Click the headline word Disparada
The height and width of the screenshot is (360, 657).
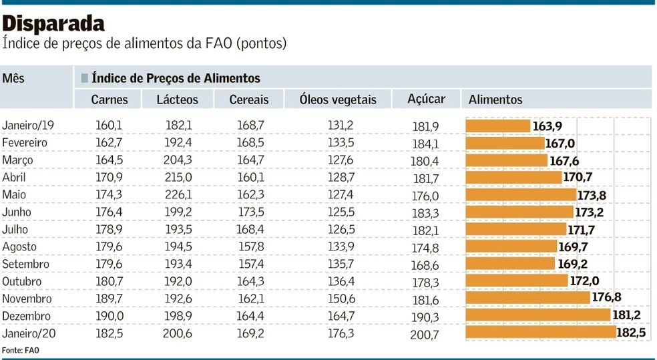[53, 24]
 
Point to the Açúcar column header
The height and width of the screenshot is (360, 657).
[427, 99]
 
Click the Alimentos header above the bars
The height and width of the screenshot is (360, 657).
[495, 100]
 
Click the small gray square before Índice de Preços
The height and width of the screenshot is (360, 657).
[84, 78]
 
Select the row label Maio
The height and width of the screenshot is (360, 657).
[14, 195]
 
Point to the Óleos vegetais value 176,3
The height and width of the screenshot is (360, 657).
[341, 333]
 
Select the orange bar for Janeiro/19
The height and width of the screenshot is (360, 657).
[498, 126]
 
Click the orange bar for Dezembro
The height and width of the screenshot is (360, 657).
[537, 315]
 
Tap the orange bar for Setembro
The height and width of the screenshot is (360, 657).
[510, 264]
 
